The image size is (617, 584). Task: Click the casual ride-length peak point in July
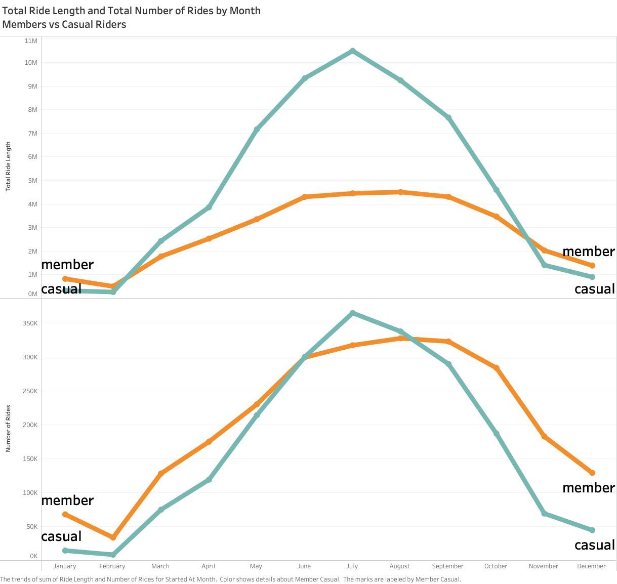pos(353,51)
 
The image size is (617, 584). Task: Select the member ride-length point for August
pos(400,192)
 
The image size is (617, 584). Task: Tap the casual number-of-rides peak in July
pos(353,313)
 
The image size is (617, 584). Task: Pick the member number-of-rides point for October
pos(497,368)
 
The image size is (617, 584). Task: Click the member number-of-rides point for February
pos(113,537)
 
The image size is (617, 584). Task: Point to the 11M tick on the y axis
pos(31,40)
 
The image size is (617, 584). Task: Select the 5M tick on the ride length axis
pos(32,180)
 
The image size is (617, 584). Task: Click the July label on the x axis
pos(352,566)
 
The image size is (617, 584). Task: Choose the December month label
pos(591,566)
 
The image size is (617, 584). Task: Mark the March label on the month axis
pos(160,566)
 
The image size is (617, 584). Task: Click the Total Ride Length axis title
pos(8,166)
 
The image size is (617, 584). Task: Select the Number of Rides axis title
pos(8,428)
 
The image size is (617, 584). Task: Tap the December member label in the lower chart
pos(589,487)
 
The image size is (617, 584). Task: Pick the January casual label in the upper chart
pos(61,289)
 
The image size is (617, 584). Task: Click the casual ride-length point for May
pos(257,130)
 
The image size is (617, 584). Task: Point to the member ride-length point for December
pos(592,266)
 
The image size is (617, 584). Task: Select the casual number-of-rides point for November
pos(544,514)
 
